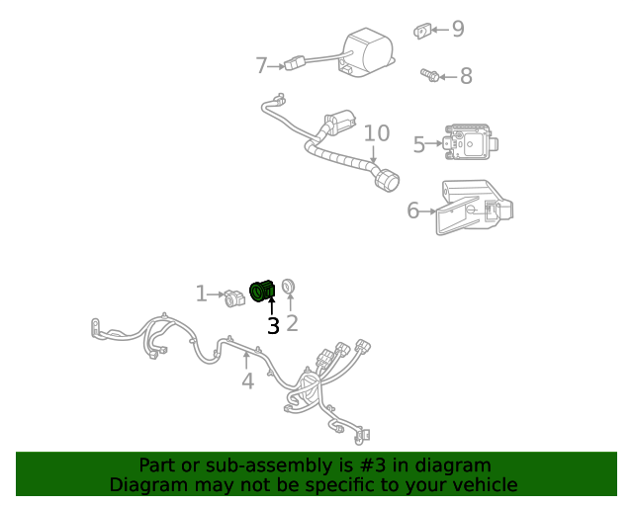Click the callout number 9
[x=458, y=29]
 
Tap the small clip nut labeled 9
[x=422, y=31]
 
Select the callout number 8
[x=465, y=76]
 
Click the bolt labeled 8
[x=428, y=74]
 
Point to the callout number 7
[x=261, y=65]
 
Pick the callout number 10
[x=376, y=133]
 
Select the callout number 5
[x=419, y=145]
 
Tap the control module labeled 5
[x=469, y=143]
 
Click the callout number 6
[x=413, y=211]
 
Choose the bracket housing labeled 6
[x=475, y=208]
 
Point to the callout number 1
[x=201, y=294]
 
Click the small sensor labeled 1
[x=235, y=296]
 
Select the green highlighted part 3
[x=263, y=292]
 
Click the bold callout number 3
[x=273, y=324]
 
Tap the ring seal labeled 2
[x=289, y=288]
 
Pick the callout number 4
[x=247, y=380]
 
